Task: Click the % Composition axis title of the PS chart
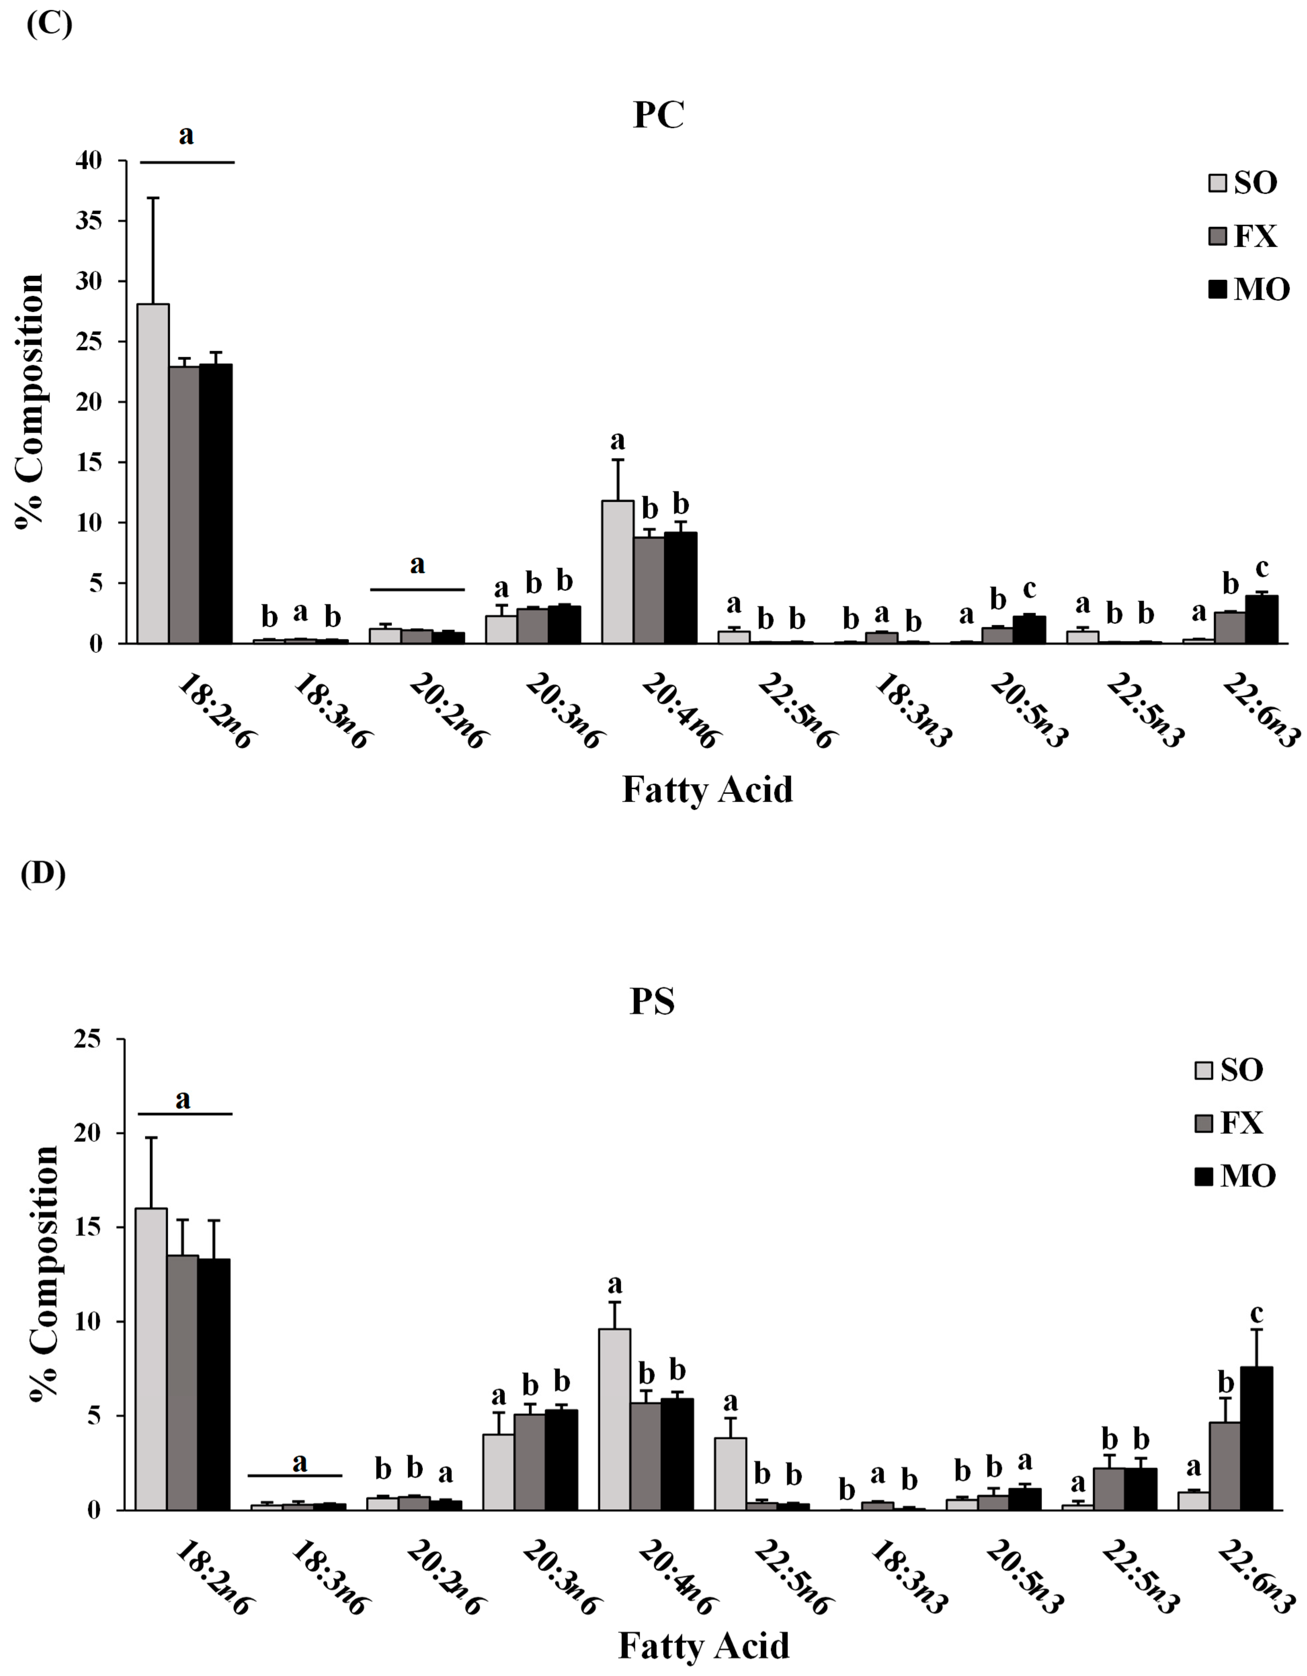tap(44, 1274)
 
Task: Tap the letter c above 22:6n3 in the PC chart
tap(1262, 569)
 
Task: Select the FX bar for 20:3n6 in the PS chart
tap(530, 1462)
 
